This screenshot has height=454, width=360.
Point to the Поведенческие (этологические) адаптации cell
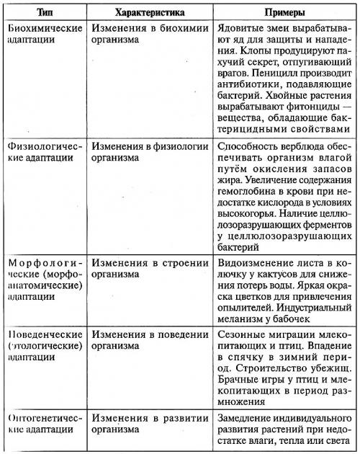pyautogui.click(x=43, y=345)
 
